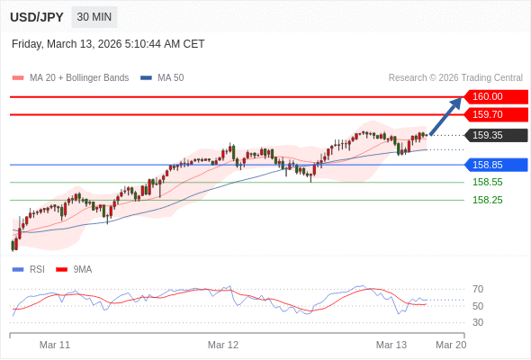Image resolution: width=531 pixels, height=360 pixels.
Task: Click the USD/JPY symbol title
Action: [x=36, y=17]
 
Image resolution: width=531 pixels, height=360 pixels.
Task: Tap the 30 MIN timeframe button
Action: [x=94, y=17]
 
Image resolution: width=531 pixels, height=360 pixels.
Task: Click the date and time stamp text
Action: [x=108, y=43]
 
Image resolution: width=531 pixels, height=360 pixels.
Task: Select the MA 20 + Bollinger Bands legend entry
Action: [x=71, y=77]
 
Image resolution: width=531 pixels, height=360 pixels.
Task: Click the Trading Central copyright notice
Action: [x=455, y=77]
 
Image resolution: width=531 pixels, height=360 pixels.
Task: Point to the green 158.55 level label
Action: [x=487, y=182]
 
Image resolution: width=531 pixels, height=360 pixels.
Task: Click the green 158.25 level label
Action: [x=487, y=200]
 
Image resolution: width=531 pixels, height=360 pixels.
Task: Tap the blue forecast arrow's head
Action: [x=457, y=102]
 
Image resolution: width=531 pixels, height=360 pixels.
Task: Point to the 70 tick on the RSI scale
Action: [x=478, y=289]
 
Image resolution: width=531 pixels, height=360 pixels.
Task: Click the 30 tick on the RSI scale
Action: [x=478, y=322]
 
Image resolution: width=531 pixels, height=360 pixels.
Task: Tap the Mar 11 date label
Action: [x=55, y=345]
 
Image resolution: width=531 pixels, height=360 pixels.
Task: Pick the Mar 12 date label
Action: [x=223, y=345]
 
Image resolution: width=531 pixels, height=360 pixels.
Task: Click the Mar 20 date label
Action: [x=451, y=345]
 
